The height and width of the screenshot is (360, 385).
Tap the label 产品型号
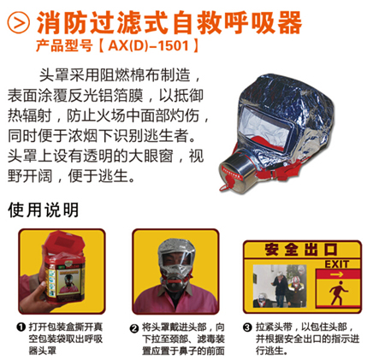point(97,43)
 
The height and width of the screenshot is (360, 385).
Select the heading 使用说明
point(43,209)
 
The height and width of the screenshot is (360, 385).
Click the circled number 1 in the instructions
point(20,327)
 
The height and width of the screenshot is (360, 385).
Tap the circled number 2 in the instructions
point(134,327)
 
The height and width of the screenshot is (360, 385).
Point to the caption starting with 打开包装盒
point(69,333)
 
